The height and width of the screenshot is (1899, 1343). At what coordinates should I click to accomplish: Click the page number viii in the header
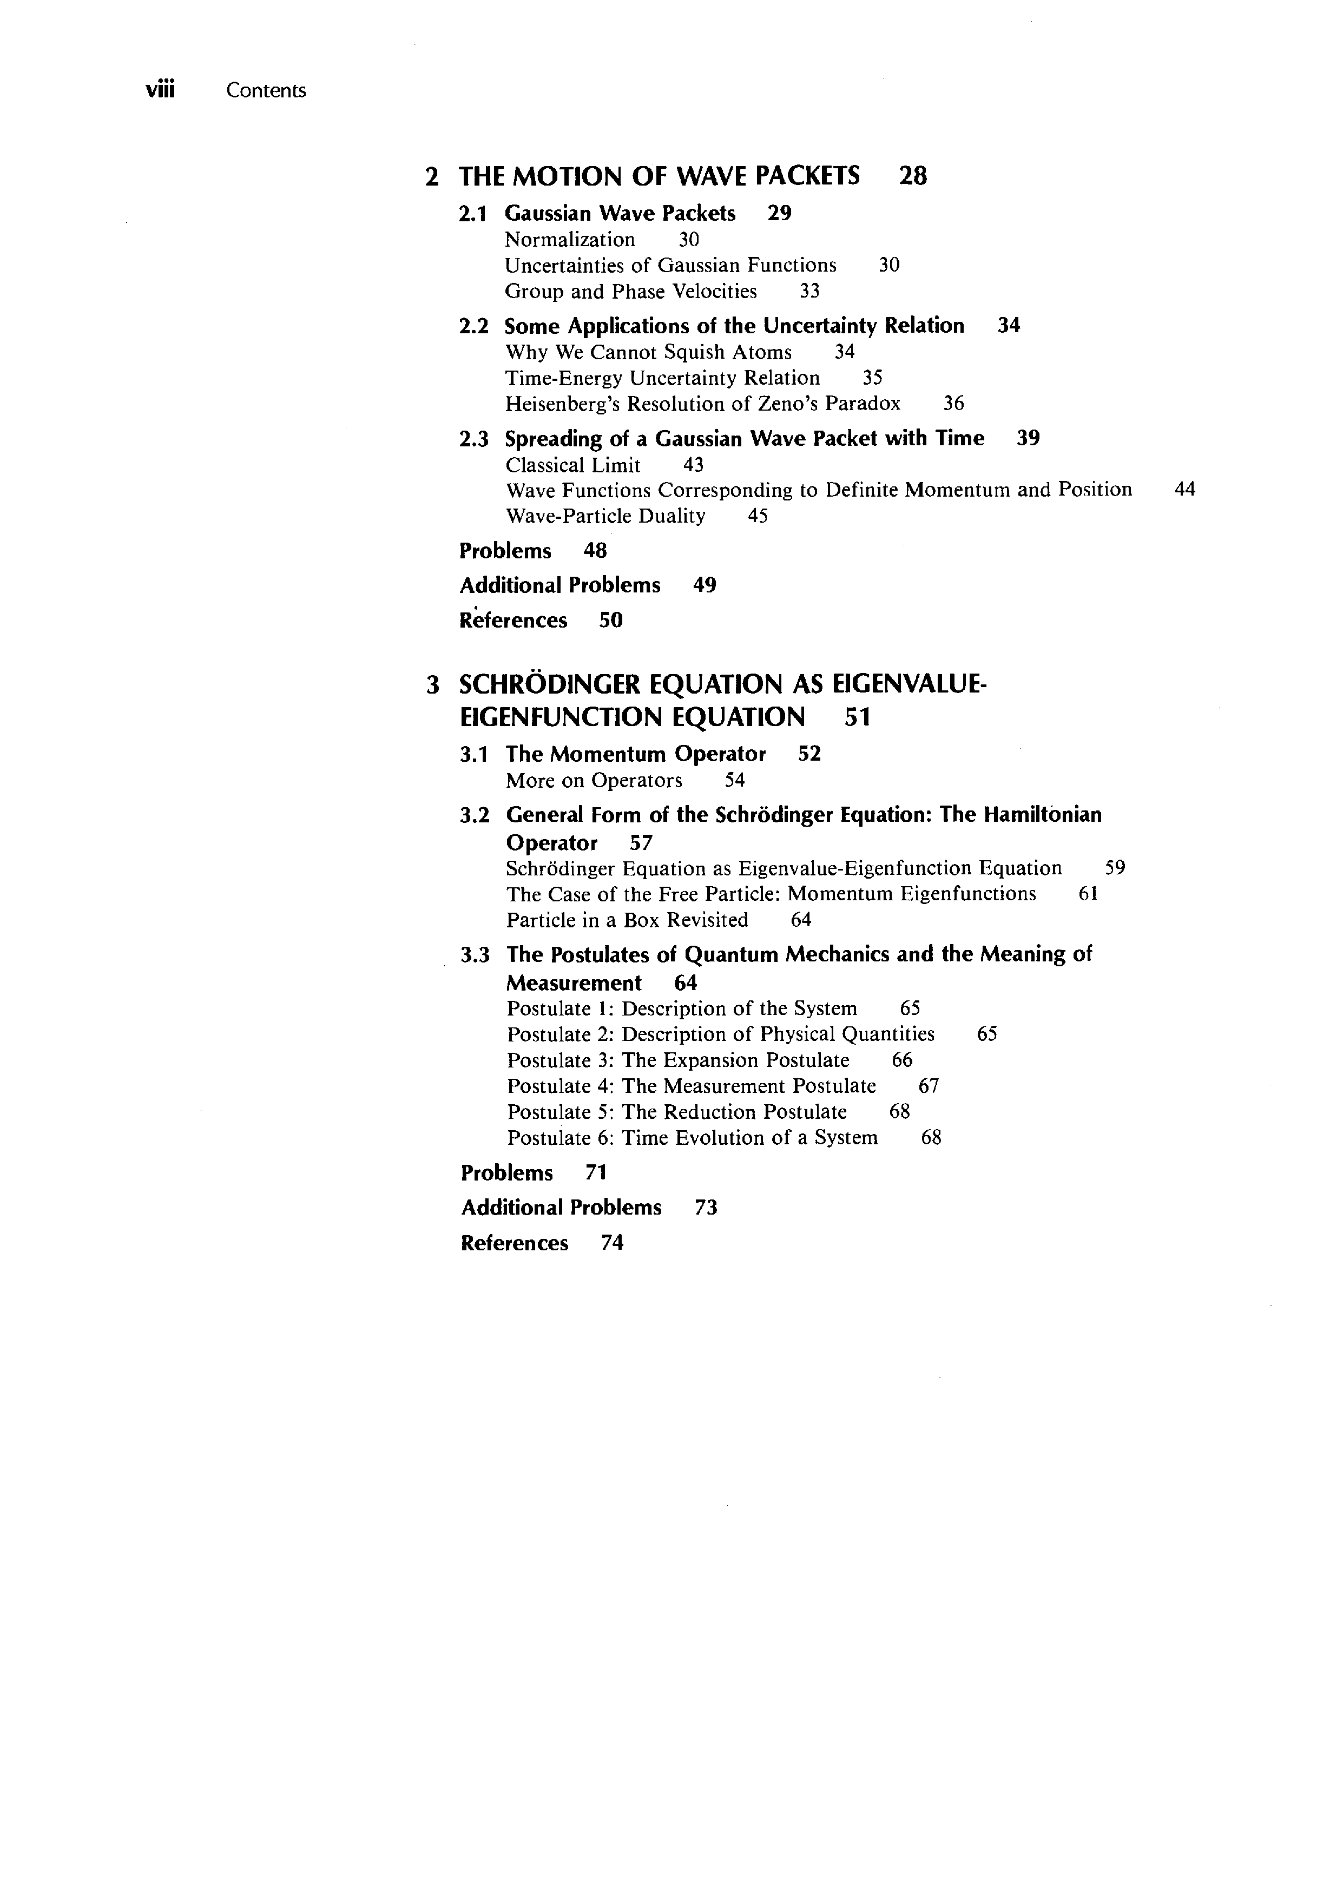pos(161,90)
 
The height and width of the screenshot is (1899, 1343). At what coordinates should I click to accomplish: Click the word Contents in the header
pos(266,91)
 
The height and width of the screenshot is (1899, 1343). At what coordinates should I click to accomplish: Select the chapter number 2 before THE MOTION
pos(431,176)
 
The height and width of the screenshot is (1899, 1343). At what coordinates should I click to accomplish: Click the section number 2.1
pos(472,214)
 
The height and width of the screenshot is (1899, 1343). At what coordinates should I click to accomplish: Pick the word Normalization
pos(570,240)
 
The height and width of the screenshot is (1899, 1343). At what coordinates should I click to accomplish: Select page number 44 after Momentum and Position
pos(1184,490)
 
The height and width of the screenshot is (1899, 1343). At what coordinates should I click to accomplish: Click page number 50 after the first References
pos(610,621)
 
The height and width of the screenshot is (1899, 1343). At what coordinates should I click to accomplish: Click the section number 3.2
pos(475,815)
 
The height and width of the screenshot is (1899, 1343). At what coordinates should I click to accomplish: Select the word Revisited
pos(707,920)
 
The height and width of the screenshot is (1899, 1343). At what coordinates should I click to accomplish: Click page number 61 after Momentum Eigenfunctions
pos(1088,894)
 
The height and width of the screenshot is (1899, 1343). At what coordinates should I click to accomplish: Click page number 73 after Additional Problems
pos(706,1208)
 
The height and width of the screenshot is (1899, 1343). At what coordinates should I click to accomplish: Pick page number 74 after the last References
pos(612,1243)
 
